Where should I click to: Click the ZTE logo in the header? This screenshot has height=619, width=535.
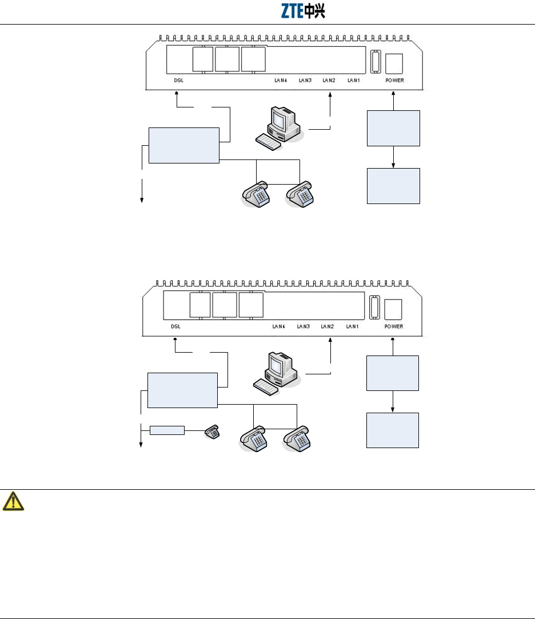pyautogui.click(x=303, y=11)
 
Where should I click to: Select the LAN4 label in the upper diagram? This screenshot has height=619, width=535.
pyautogui.click(x=280, y=81)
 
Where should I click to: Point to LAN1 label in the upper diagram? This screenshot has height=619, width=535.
pyautogui.click(x=354, y=81)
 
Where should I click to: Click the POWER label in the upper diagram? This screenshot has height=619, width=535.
pyautogui.click(x=394, y=81)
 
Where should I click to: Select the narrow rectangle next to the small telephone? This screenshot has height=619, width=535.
pyautogui.click(x=167, y=430)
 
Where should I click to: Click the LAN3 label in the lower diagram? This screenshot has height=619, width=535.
pyautogui.click(x=304, y=327)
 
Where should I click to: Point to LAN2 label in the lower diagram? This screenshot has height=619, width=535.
pyautogui.click(x=327, y=327)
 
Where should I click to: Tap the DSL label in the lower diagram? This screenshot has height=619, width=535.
pyautogui.click(x=175, y=327)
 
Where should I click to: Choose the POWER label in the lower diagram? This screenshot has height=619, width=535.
pyautogui.click(x=393, y=327)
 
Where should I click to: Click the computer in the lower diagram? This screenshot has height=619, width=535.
pyautogui.click(x=277, y=373)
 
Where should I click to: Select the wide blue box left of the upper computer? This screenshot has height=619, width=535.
pyautogui.click(x=183, y=145)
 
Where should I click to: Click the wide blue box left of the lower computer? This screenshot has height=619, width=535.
pyautogui.click(x=182, y=390)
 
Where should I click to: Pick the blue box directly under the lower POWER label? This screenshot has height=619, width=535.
pyautogui.click(x=393, y=373)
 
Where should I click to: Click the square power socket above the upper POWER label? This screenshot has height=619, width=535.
pyautogui.click(x=394, y=62)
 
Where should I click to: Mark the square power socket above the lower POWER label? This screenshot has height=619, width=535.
pyautogui.click(x=393, y=309)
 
